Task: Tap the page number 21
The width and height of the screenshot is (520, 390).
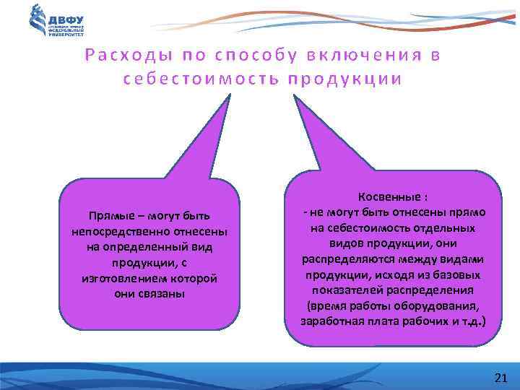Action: click(500, 377)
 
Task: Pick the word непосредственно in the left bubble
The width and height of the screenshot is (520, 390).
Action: click(115, 232)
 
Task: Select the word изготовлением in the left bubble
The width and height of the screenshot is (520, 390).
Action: click(119, 279)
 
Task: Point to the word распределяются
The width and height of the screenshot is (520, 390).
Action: click(342, 259)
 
